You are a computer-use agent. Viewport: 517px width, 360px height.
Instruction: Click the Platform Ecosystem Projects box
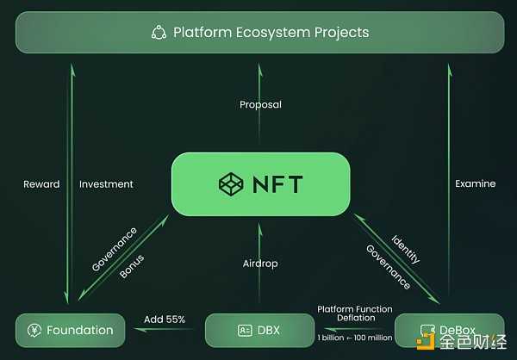[259, 33]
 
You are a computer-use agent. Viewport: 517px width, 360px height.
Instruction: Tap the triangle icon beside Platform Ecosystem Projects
[159, 33]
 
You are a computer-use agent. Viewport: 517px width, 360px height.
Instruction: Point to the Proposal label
[260, 105]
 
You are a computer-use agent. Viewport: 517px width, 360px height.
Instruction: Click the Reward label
[41, 183]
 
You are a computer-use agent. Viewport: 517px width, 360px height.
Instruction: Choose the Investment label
[106, 183]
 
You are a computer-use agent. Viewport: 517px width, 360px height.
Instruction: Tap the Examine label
[476, 183]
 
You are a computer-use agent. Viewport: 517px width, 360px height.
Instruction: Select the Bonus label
[132, 265]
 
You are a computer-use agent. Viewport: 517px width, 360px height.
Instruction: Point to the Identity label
[405, 249]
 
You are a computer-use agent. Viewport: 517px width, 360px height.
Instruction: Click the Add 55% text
[165, 320]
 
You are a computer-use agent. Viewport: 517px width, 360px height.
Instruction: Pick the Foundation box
[70, 330]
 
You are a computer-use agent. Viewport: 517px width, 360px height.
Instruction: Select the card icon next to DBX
[245, 330]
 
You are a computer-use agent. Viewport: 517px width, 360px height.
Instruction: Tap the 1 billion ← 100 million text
[354, 338]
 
